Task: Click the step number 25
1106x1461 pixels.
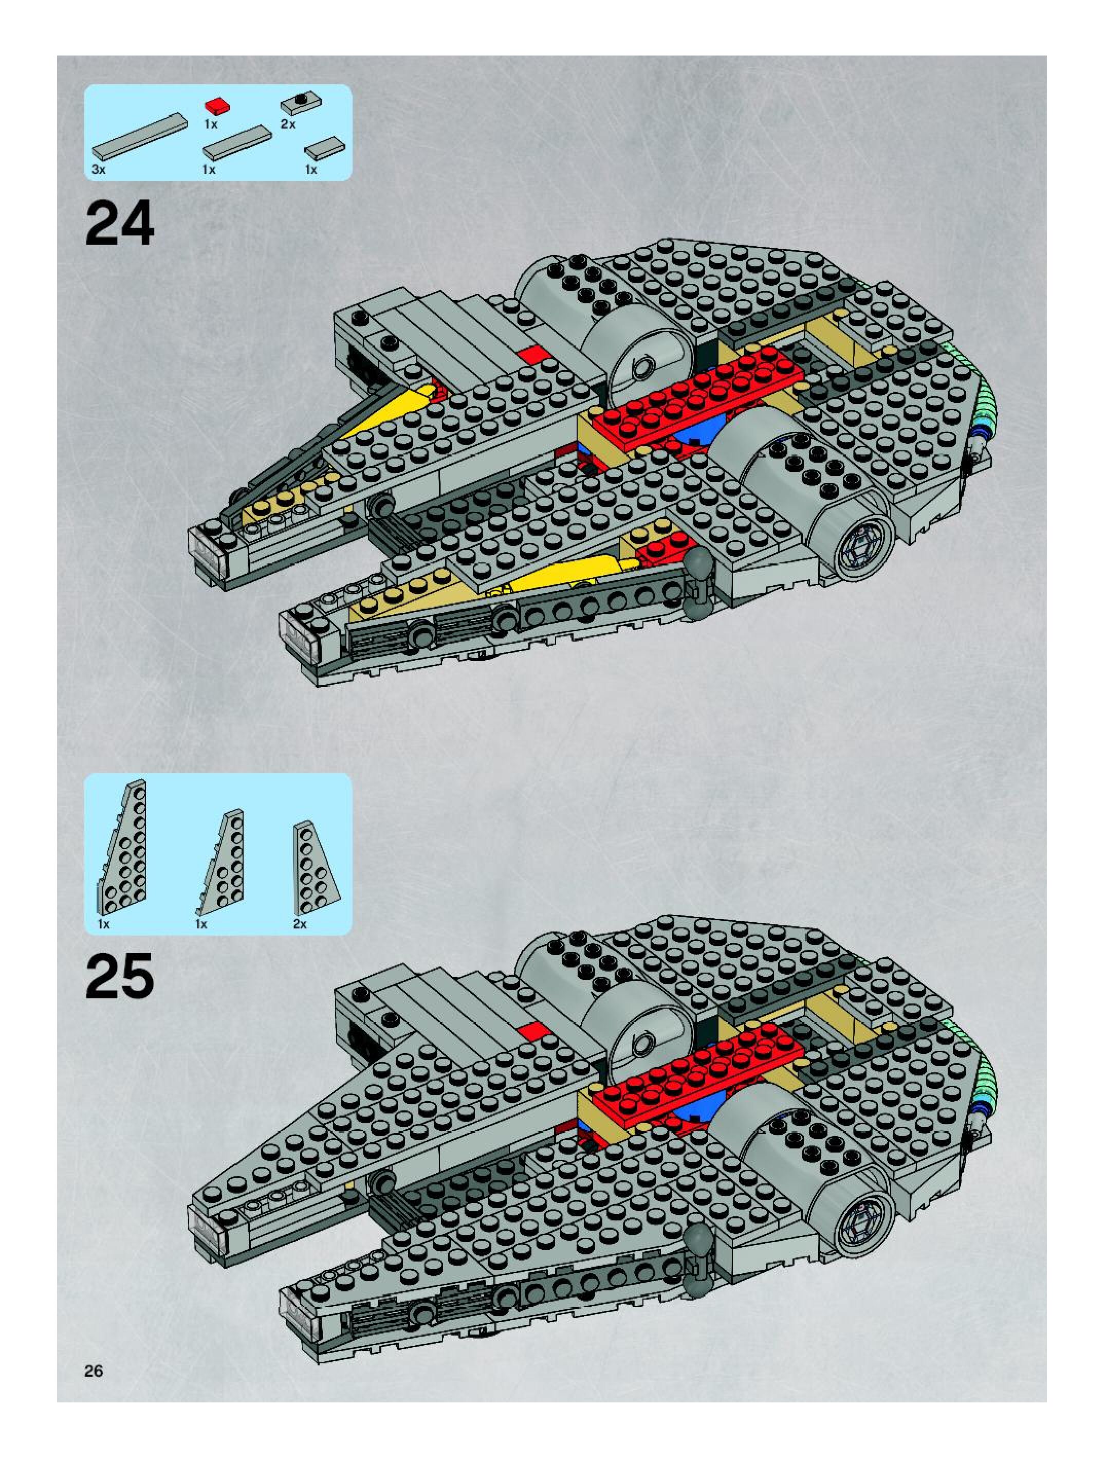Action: (x=120, y=976)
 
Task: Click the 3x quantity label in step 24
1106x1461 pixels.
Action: (x=98, y=170)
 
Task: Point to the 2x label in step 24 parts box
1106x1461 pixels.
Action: (x=288, y=124)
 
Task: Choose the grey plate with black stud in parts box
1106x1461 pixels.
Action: (x=301, y=102)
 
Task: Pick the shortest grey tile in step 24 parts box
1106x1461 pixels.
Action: (x=325, y=148)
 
